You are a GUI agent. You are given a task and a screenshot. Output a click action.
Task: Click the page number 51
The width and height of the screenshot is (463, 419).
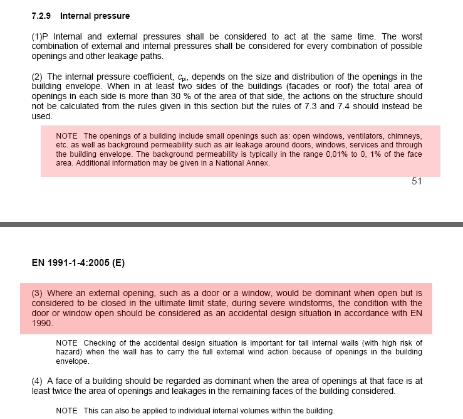417,182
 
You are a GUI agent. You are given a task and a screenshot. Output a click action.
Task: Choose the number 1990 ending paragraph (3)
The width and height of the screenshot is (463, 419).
42,324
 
